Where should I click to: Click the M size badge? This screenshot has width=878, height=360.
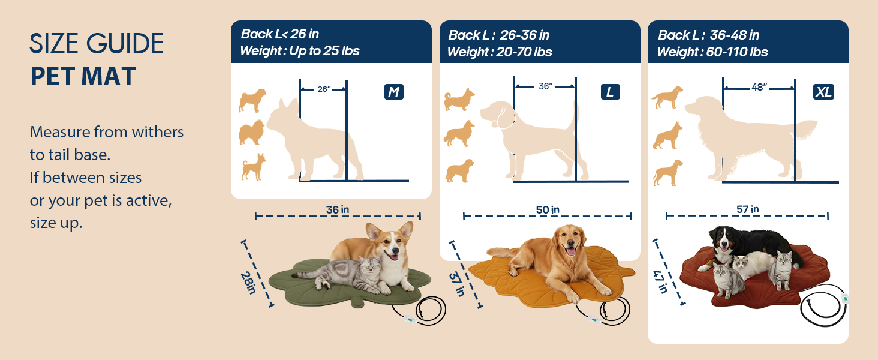tap(394, 92)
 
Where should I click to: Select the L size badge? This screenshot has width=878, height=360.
tap(611, 92)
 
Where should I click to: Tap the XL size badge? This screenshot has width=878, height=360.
tap(823, 92)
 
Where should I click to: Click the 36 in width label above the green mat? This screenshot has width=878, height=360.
tap(338, 210)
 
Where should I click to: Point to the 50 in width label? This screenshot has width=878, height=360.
tap(548, 210)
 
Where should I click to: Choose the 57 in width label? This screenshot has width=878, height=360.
tap(747, 209)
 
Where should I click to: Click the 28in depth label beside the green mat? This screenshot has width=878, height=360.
tap(248, 283)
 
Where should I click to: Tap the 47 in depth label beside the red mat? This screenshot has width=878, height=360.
tap(660, 281)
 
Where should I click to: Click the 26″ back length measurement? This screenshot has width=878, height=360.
tap(324, 89)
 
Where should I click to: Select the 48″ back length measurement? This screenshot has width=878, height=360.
tap(759, 87)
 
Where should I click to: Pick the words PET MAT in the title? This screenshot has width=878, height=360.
tap(83, 76)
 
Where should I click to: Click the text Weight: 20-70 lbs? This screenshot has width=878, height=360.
tap(500, 52)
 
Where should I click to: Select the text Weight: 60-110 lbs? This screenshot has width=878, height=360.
tap(712, 52)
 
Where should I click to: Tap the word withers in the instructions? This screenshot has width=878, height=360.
tap(158, 132)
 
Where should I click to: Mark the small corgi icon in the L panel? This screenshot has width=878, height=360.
tap(459, 99)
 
